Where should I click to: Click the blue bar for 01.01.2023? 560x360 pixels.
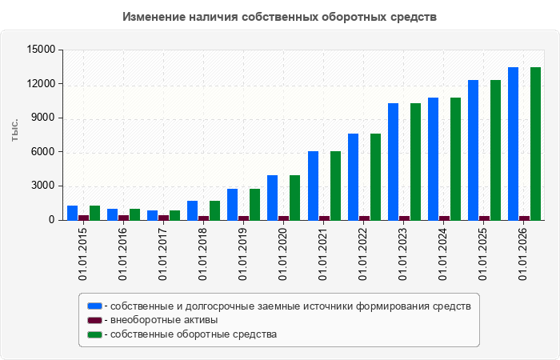pos(394,162)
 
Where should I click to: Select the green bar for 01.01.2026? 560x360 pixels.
pos(535,144)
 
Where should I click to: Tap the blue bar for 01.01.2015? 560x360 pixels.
pos(73,213)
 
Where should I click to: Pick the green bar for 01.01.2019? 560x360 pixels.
pos(254,205)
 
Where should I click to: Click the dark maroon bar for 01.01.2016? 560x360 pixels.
pos(123,218)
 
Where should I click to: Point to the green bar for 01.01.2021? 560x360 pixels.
pos(335,186)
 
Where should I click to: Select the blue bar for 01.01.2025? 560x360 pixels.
pos(474,150)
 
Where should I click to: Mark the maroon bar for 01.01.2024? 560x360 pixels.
pos(444,218)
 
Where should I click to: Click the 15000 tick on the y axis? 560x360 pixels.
pos(41,50)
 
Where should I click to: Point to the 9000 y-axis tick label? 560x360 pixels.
pos(44,118)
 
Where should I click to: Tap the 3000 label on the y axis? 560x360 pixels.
pos(44,186)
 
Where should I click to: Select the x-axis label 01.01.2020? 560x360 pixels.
pos(283,254)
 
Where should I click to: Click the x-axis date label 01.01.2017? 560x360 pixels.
pos(163,254)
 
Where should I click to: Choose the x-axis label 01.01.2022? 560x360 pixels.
pos(363,254)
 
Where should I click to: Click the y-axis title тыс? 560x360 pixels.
pos(14,130)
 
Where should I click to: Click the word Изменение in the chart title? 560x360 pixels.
pos(154,17)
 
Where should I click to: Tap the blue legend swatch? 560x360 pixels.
pos(94,306)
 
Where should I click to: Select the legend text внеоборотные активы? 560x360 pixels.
pos(164,320)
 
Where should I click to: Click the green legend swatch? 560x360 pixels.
pos(94,334)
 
